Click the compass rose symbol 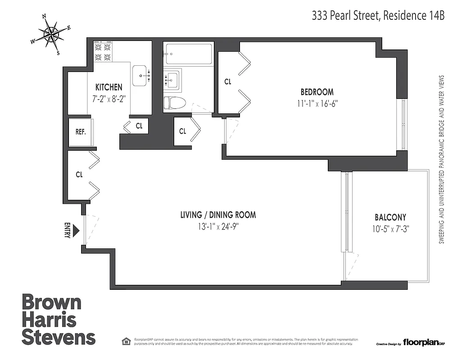point(51,34)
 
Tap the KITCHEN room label point(109,87)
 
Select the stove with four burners point(103,52)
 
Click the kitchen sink point(141,75)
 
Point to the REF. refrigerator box point(81,132)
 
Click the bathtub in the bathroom point(188,54)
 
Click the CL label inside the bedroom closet point(228,81)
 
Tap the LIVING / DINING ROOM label point(218,215)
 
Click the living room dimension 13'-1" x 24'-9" point(218,226)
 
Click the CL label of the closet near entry point(79,175)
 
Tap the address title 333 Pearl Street point(378,16)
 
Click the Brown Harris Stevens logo point(59,319)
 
